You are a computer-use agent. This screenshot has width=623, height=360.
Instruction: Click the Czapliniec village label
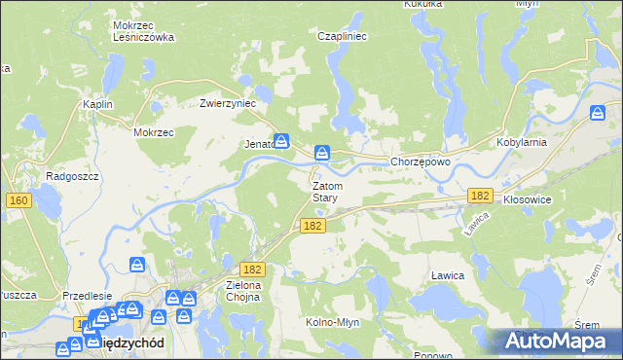(340, 36)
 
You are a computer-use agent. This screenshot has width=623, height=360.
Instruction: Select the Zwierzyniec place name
(227, 102)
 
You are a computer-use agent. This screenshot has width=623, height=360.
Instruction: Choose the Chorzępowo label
(420, 162)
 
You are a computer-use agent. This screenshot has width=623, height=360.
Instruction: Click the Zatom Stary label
(325, 191)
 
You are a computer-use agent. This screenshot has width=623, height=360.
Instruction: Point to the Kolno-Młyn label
(335, 322)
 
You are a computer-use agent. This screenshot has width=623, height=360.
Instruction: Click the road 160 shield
(18, 200)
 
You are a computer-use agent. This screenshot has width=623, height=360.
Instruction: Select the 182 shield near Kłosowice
(478, 196)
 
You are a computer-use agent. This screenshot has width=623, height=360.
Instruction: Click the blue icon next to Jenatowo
(281, 141)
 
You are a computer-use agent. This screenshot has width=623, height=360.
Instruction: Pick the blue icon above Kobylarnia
(598, 114)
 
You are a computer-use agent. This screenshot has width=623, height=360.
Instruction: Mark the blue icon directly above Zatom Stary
(322, 153)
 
